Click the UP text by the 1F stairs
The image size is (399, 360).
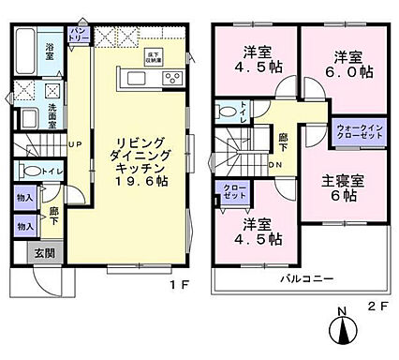point(74,142)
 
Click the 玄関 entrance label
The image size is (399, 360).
point(44,253)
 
